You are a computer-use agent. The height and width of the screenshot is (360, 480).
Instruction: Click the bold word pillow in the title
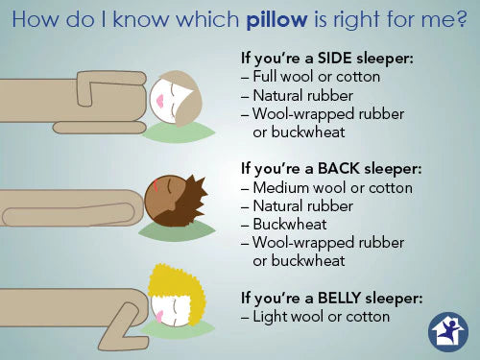point(276,20)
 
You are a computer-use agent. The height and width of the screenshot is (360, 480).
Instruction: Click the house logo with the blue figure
point(448,332)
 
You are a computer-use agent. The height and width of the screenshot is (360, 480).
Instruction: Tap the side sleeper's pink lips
point(160,101)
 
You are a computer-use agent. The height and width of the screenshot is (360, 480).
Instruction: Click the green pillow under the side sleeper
point(178,132)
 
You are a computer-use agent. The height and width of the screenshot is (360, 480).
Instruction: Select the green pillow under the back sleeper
point(177,230)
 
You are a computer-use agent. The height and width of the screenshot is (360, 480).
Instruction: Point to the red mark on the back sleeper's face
point(156,186)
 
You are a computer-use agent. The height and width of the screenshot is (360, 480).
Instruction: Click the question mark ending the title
point(461,20)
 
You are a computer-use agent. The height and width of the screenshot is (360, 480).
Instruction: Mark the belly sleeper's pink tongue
point(159,316)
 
